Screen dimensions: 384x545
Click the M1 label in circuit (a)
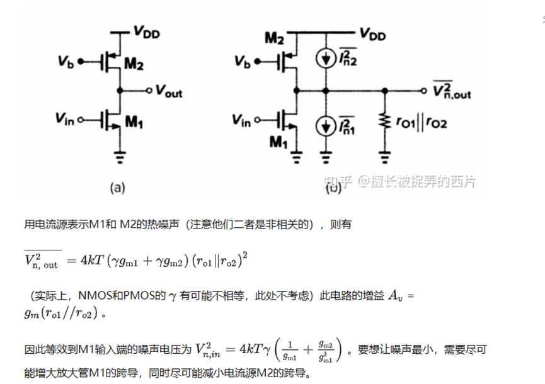(134, 124)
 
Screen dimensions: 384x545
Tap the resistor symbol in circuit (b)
(385, 122)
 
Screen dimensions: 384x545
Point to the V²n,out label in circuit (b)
(451, 91)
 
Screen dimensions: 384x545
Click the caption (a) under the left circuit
(118, 186)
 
